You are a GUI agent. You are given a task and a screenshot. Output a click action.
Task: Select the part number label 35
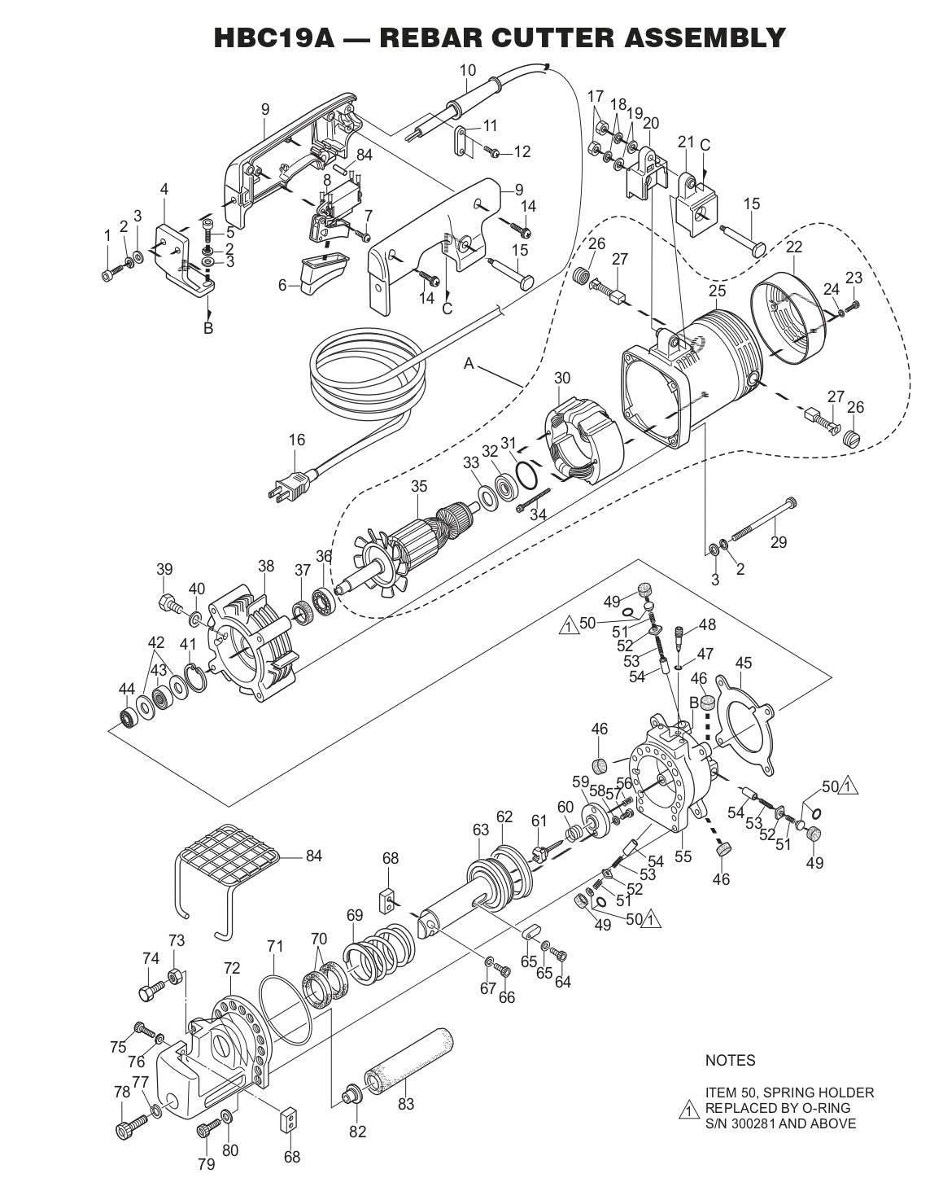418,487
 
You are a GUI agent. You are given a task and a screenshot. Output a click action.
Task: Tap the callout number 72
232,968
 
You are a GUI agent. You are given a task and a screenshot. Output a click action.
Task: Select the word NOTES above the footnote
729,1061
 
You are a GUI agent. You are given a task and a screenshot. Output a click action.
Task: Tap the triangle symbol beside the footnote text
688,1111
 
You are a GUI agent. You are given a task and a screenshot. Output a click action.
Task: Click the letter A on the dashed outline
469,364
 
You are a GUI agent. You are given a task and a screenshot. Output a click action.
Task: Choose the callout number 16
297,440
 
